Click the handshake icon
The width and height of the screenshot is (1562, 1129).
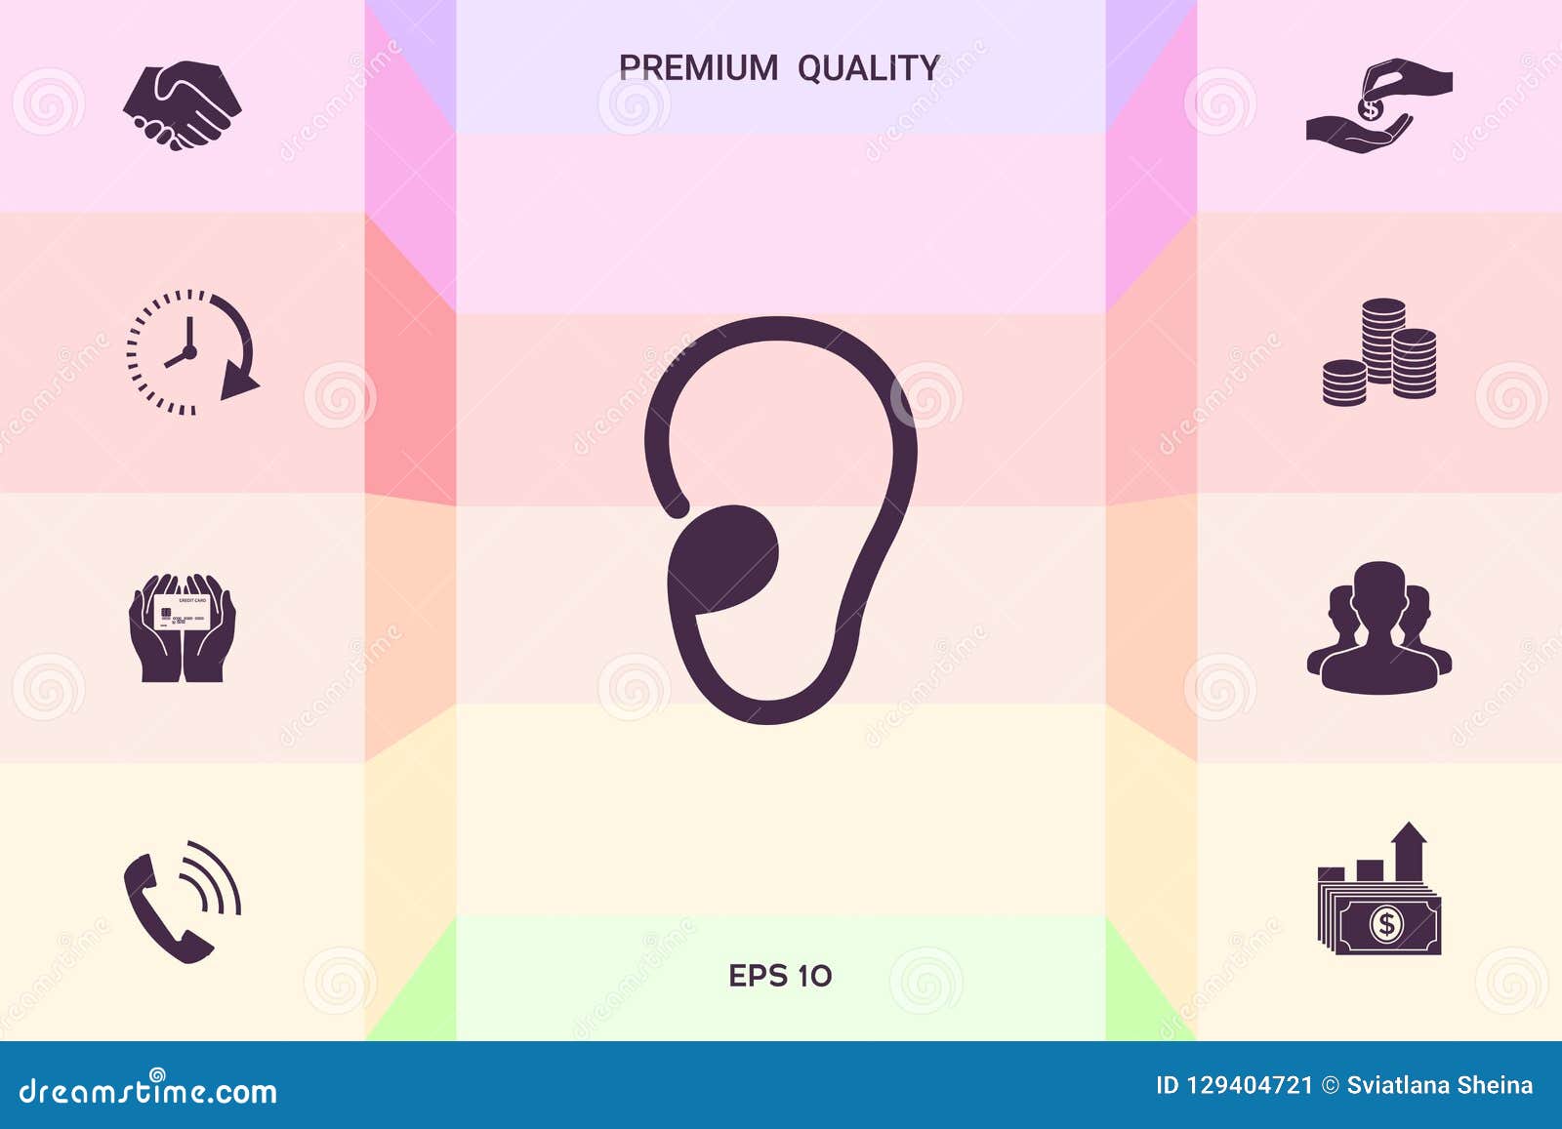click(182, 105)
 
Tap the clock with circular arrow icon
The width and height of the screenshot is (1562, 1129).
click(191, 352)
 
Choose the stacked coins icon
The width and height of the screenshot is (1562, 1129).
click(1379, 352)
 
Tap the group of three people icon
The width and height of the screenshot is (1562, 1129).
click(1378, 629)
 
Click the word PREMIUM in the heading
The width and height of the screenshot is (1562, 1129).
click(698, 68)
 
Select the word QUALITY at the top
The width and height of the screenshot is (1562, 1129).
click(868, 68)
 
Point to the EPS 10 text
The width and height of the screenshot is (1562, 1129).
click(780, 976)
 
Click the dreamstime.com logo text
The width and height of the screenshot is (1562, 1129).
click(148, 1091)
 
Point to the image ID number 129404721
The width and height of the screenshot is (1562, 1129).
click(1249, 1085)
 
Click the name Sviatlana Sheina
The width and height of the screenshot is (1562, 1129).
click(1439, 1085)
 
